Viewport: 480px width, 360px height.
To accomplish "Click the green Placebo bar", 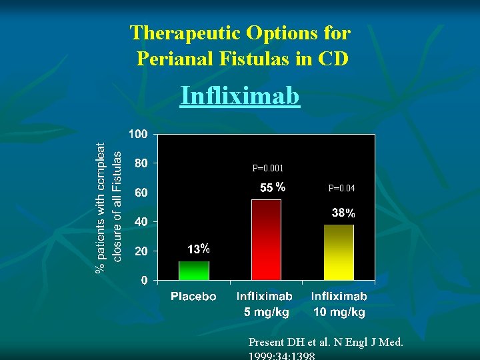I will point(193,270).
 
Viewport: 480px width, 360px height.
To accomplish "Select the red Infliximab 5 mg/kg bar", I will point(266,240).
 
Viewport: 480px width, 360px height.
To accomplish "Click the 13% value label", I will point(199,249).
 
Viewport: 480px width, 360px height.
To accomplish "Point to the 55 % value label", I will point(272,188).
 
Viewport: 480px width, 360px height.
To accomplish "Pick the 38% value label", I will point(344,214).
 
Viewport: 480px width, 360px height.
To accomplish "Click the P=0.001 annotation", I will point(267,169).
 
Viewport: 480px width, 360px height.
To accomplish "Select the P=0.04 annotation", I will point(341,189).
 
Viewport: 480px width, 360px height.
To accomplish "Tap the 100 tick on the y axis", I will point(138,134).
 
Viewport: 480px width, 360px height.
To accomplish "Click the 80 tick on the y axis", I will point(141,163).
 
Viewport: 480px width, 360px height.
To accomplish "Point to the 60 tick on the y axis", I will point(141,193).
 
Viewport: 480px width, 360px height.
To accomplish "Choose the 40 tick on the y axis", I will point(141,221).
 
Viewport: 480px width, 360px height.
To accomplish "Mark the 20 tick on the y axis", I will point(141,251).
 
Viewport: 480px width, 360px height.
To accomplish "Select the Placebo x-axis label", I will point(193,297).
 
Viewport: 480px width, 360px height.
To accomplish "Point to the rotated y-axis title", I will point(109,207).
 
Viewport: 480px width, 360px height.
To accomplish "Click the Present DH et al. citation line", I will point(325,343).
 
